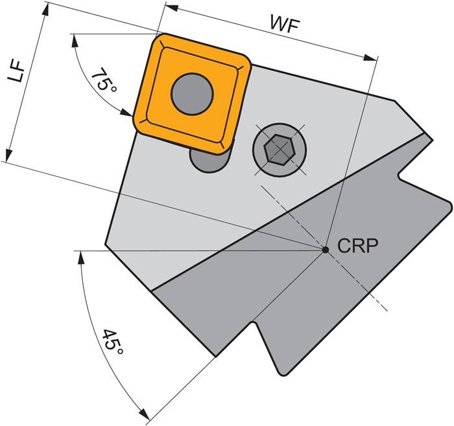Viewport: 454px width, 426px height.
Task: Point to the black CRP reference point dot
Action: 325,249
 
